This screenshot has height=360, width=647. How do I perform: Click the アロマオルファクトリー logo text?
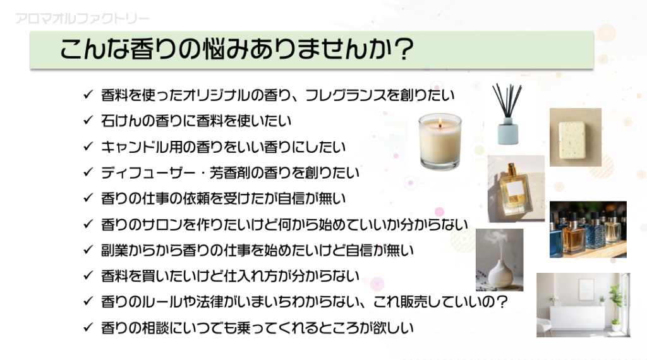click(82, 18)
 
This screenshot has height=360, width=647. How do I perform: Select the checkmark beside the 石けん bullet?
click(88, 121)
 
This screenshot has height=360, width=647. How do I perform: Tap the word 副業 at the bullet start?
click(114, 250)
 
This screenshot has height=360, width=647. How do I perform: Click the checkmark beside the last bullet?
click(88, 327)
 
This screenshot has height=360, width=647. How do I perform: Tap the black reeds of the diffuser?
click(507, 100)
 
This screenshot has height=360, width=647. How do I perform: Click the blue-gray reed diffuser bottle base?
click(507, 131)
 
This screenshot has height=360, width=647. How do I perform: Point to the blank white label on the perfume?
click(514, 189)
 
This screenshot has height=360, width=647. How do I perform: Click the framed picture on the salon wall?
click(586, 289)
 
